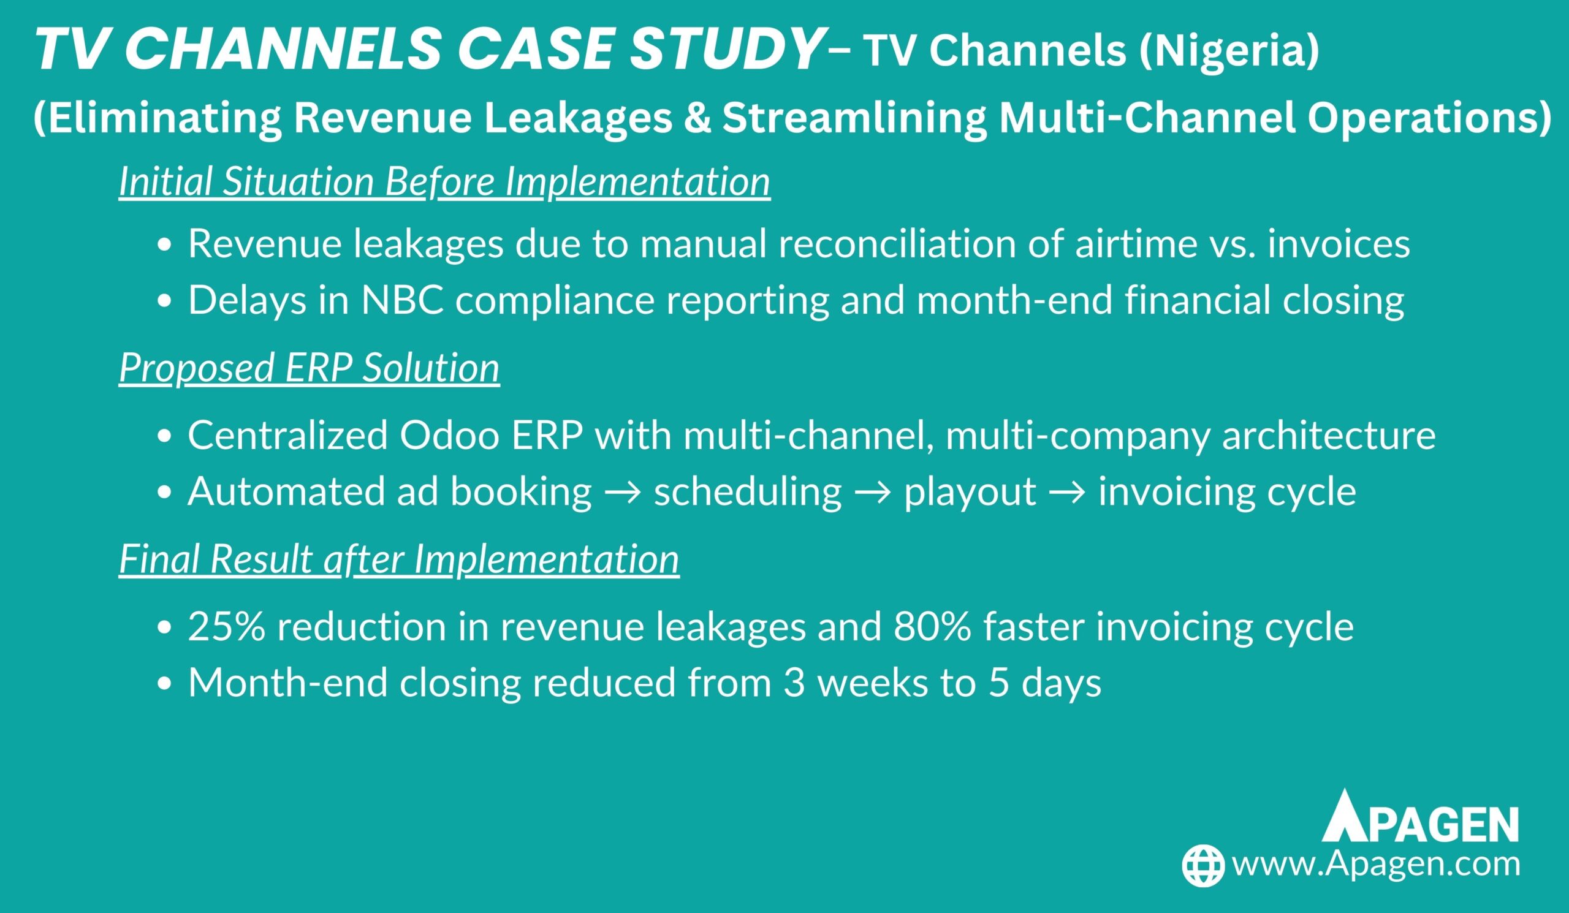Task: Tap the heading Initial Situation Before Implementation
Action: tap(444, 183)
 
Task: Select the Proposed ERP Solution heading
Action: tap(310, 368)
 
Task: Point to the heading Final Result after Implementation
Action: tap(399, 559)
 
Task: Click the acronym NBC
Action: tap(402, 300)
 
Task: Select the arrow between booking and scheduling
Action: tap(623, 493)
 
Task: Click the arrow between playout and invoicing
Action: tap(1067, 493)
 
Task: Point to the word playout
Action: tap(970, 493)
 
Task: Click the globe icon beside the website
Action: tap(1204, 866)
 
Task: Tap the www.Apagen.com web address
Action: tap(1377, 865)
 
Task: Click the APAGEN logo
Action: tap(1420, 816)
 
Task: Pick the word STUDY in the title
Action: tap(724, 50)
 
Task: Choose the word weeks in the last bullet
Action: tap(873, 683)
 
